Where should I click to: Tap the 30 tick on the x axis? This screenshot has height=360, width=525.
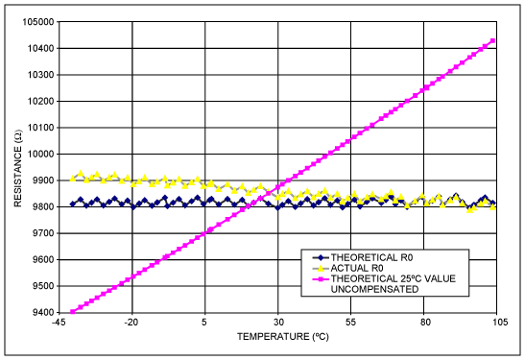click(278, 324)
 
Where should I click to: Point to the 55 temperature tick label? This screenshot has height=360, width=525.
click(351, 324)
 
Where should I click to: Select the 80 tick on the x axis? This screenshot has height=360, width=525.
click(424, 324)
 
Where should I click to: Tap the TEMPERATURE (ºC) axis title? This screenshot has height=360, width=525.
click(277, 338)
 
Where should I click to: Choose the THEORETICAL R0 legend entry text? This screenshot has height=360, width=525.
click(369, 257)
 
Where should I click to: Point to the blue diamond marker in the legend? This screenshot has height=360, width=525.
click(316, 257)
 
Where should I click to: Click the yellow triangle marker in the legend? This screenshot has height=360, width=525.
click(316, 268)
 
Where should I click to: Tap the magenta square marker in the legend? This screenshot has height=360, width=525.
click(316, 278)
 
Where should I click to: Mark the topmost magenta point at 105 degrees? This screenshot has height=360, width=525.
click(493, 40)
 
